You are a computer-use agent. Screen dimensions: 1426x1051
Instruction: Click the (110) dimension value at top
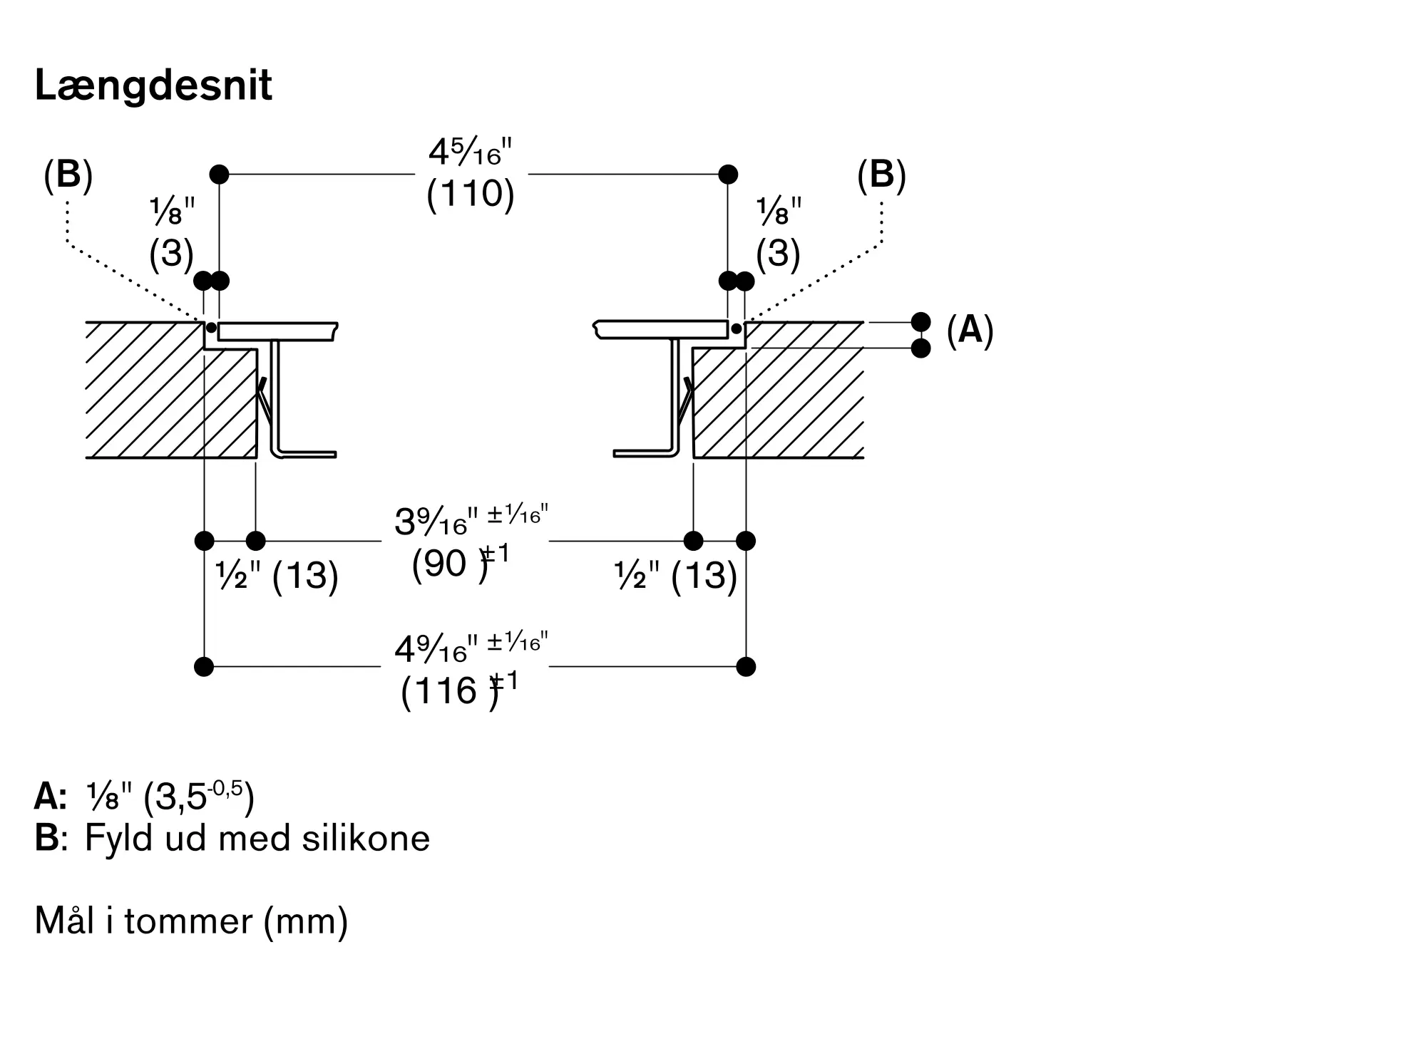coord(471,193)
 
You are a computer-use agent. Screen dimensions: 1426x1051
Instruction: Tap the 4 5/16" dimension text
coord(471,152)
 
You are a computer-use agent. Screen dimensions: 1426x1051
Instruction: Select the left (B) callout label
coord(68,175)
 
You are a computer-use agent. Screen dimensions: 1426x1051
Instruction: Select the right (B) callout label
coord(881,175)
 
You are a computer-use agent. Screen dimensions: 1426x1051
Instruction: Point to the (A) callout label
coord(970,331)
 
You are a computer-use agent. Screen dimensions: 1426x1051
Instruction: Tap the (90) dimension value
coord(450,564)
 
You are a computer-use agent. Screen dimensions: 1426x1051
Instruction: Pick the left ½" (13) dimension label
coord(277,575)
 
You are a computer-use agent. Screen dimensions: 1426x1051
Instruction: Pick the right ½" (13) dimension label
coord(675,575)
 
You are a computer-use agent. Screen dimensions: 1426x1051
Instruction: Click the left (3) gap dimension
coord(171,253)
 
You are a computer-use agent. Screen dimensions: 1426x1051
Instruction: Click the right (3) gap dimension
coord(778,253)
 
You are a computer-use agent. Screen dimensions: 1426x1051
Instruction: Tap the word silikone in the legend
coord(366,838)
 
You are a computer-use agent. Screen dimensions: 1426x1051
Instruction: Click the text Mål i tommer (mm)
coord(191,921)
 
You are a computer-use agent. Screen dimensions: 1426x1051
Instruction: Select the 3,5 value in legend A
coord(180,798)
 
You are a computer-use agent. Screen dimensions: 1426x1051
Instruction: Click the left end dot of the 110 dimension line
coord(219,174)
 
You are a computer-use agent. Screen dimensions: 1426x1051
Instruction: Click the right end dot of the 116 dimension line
coord(746,667)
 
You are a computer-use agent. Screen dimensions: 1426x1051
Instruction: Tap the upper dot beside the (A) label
coord(921,322)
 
